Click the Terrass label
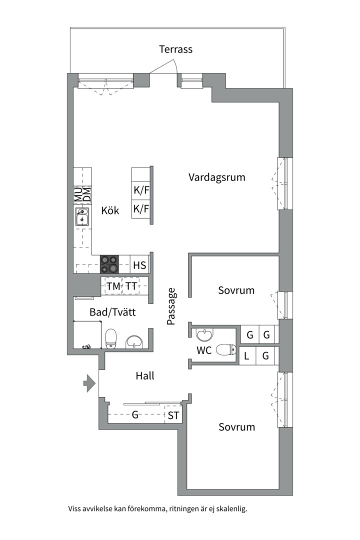coord(175,49)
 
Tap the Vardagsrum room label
coord(217,177)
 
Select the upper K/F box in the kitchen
coord(141,190)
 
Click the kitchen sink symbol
coord(82,217)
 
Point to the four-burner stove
coord(109,264)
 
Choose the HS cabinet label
coord(139,265)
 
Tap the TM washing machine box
coord(113,286)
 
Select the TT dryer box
coord(131,286)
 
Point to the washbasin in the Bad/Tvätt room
coord(134,341)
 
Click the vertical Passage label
coord(171,306)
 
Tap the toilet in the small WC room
coord(226,350)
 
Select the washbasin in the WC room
coord(205,334)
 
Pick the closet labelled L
coord(246,356)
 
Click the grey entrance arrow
coord(89,383)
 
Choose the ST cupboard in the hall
coord(173,415)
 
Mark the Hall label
coord(144,376)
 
